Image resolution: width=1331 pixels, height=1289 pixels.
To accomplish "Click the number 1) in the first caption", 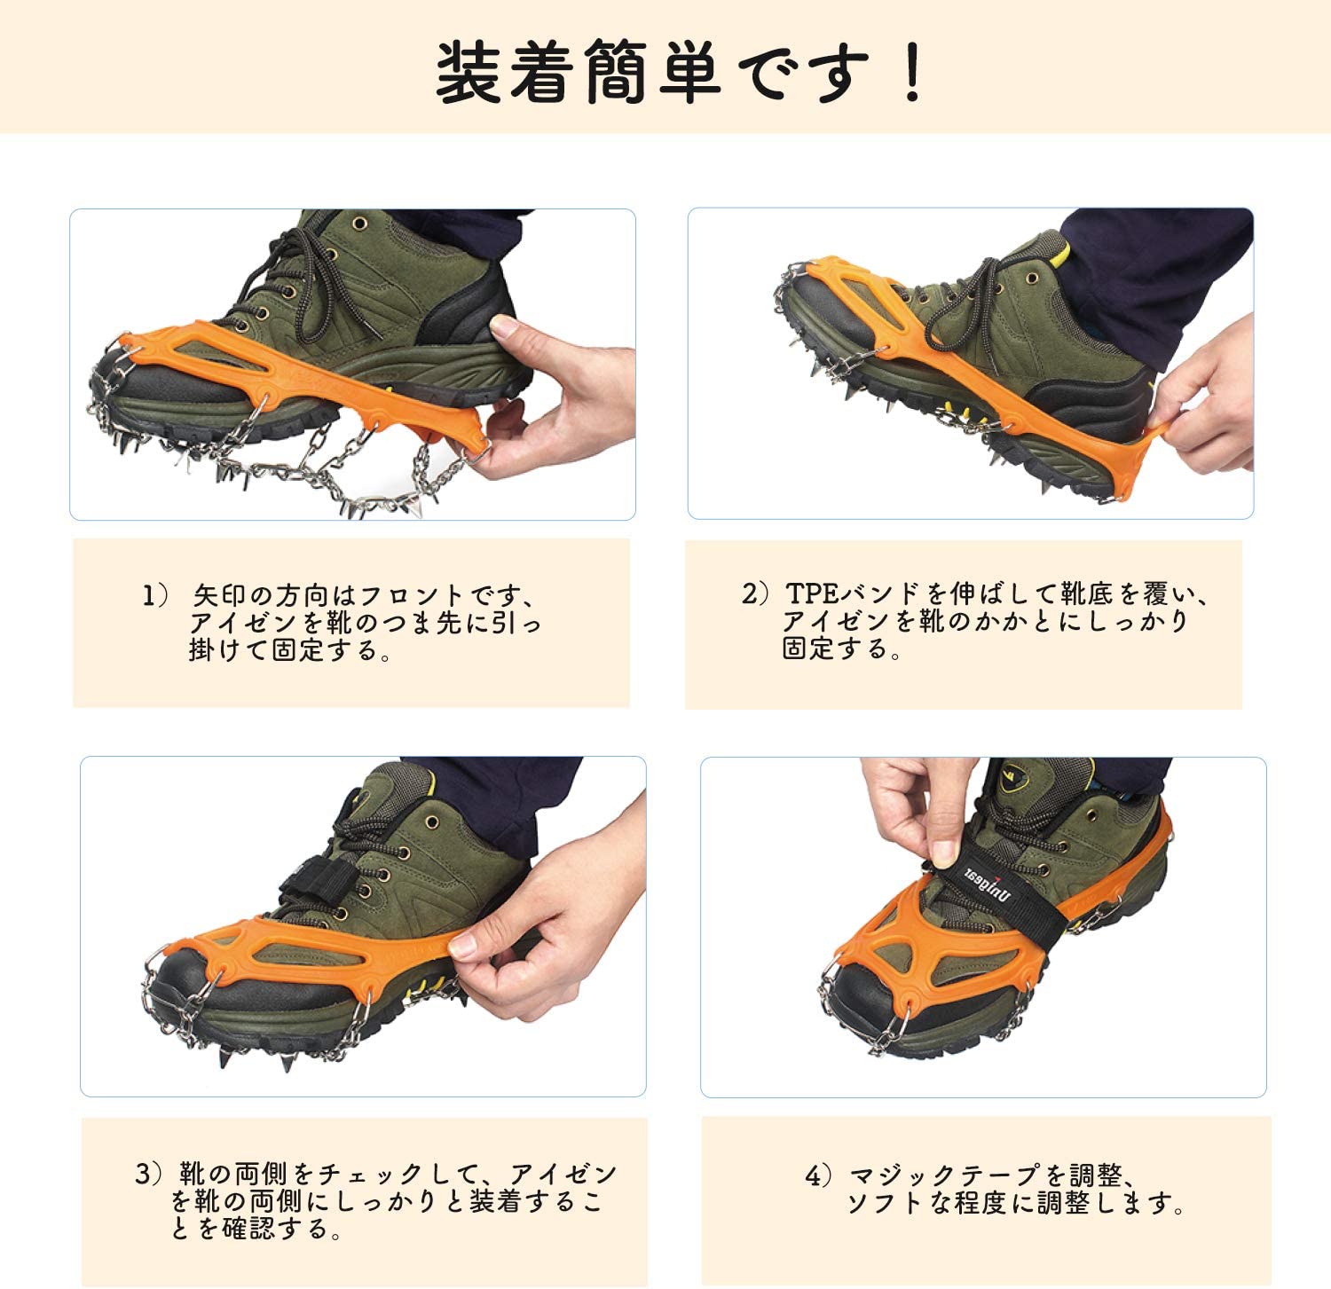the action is (x=154, y=595).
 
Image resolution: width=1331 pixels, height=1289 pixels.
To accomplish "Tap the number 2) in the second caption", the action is (x=753, y=593).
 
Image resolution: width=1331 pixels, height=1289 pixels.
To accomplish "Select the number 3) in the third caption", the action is (x=149, y=1175).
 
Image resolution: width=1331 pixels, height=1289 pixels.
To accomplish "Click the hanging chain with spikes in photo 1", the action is (x=350, y=469).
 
